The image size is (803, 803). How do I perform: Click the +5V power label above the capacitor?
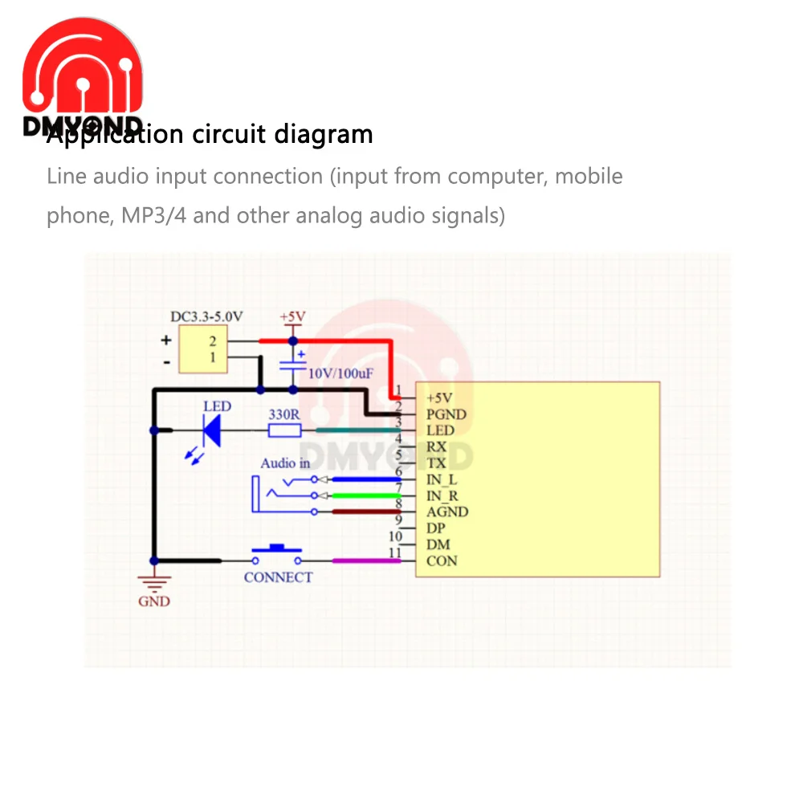click(x=292, y=317)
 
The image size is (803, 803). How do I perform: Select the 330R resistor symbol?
click(x=283, y=430)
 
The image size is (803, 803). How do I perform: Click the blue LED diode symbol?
click(x=212, y=430)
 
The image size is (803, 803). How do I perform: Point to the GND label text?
click(x=154, y=601)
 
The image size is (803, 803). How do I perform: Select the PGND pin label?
click(x=446, y=414)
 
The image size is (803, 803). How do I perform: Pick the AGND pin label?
click(x=447, y=512)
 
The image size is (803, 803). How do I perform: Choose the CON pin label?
click(x=442, y=560)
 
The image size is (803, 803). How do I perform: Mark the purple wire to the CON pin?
click(x=365, y=560)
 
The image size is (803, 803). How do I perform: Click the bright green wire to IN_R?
click(x=365, y=495)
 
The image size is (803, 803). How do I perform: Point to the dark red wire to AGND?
click(x=365, y=512)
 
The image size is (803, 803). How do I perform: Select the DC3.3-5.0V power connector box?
click(x=202, y=350)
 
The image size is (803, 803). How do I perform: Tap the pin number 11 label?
click(x=394, y=552)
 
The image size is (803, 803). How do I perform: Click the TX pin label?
click(x=437, y=463)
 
